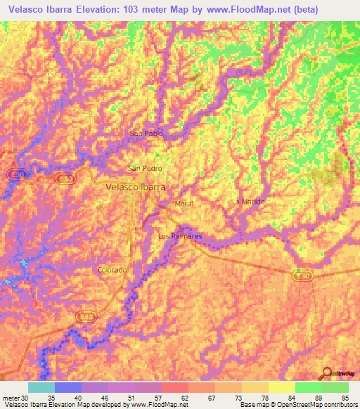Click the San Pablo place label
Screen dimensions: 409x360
point(147,133)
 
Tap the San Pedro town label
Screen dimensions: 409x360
point(145,169)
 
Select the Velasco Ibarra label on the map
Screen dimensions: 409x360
point(135,188)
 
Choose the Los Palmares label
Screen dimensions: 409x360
point(181,236)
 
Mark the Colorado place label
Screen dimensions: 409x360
point(112,270)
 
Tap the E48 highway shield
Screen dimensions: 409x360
point(85,318)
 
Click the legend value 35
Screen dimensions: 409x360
point(51,396)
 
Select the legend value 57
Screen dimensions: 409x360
point(158,396)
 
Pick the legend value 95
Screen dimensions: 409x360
point(345,396)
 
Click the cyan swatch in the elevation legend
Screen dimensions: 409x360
point(41,387)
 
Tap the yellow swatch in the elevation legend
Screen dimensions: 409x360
point(281,387)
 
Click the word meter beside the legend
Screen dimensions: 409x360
point(11,396)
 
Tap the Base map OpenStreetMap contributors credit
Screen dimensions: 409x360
point(298,405)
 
